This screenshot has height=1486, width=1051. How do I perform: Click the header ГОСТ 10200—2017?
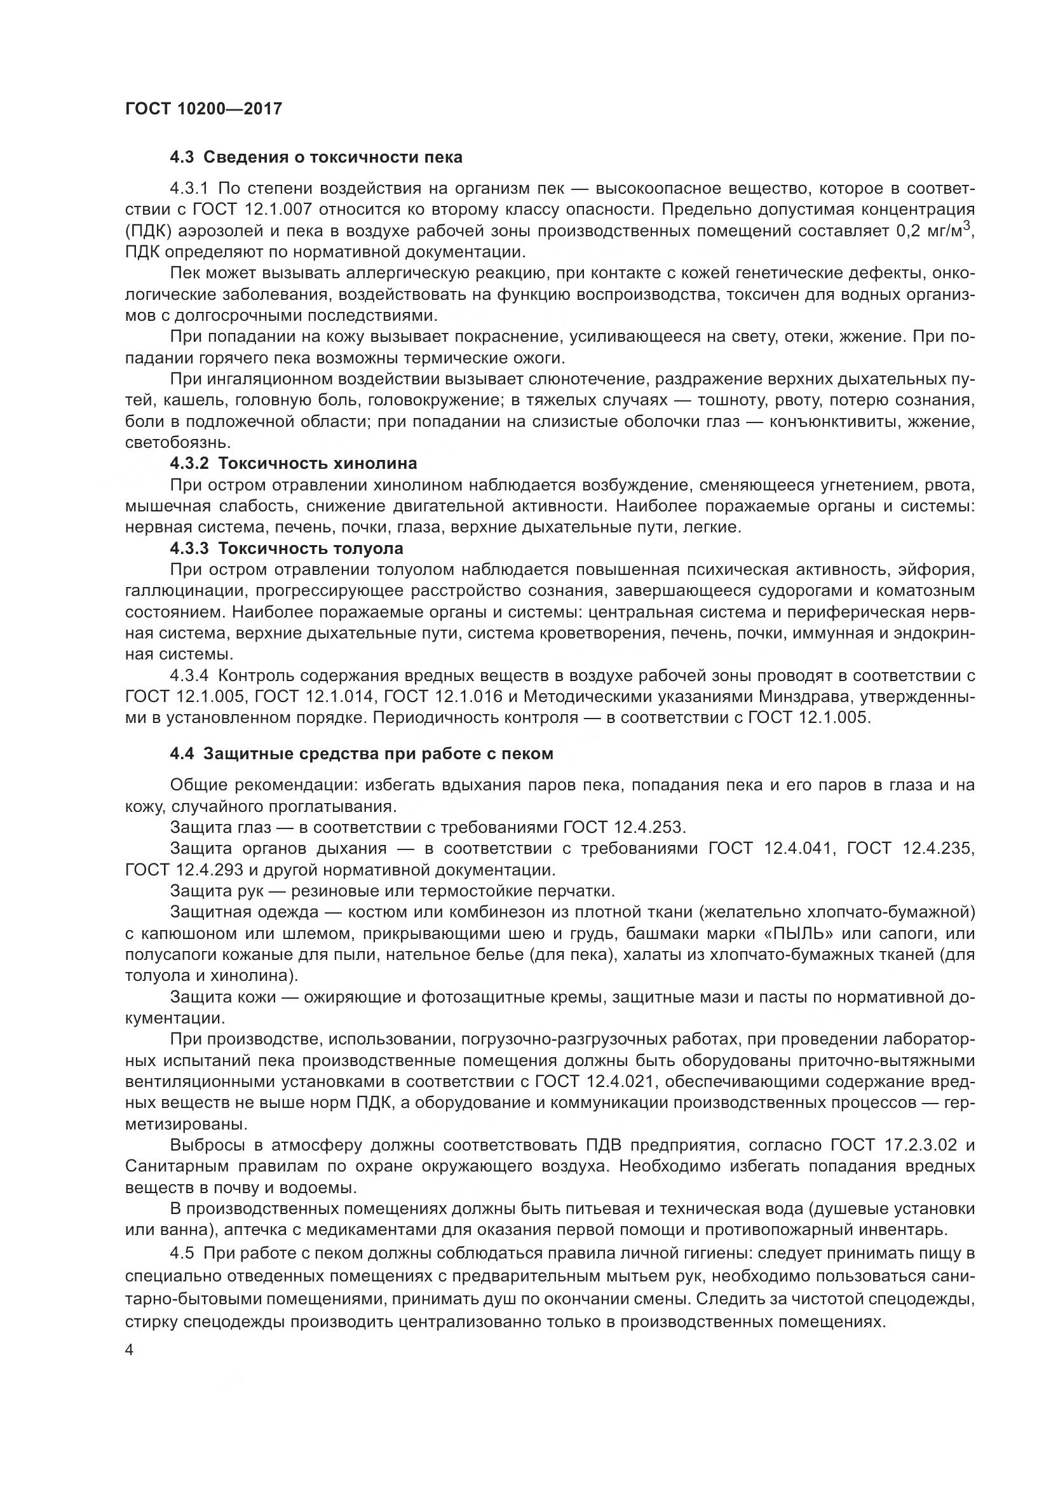click(204, 109)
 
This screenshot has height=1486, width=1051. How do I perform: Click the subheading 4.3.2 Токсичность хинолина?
click(293, 463)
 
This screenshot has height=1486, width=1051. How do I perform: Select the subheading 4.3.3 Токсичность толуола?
click(286, 548)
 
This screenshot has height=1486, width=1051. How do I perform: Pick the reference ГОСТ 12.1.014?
click(313, 696)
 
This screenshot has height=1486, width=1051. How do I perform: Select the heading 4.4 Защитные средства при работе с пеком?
click(362, 753)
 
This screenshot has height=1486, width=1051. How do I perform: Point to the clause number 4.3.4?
click(189, 676)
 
